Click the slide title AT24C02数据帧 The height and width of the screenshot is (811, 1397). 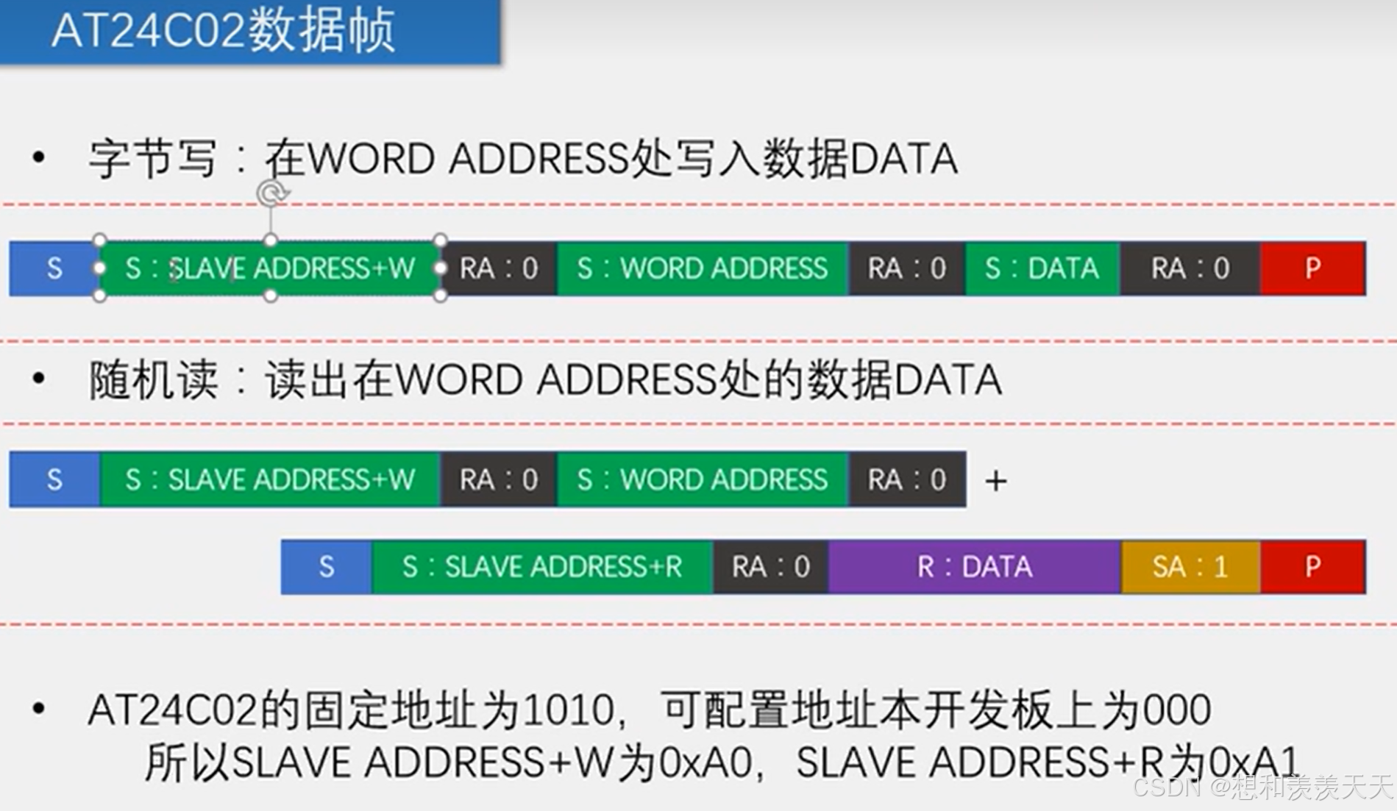[x=224, y=31]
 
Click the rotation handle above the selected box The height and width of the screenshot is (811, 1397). [x=271, y=193]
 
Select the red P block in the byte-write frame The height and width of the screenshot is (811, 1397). [x=1313, y=268]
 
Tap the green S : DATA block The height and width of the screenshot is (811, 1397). [x=1042, y=268]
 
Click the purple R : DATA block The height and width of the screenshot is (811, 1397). [x=974, y=567]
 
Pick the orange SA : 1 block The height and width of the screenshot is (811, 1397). [x=1190, y=567]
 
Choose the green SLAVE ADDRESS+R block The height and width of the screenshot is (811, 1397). [x=542, y=567]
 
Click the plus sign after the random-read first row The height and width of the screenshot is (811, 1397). [x=995, y=482]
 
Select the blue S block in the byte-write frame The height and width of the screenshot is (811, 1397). [x=54, y=268]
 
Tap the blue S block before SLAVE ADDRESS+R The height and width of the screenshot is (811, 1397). [x=327, y=567]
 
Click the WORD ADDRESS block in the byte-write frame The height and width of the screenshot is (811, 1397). [x=703, y=268]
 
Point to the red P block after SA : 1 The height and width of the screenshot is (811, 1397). [x=1313, y=567]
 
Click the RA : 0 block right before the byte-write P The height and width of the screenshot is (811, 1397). [x=1190, y=268]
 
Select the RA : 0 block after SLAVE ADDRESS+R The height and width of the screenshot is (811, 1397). [x=770, y=567]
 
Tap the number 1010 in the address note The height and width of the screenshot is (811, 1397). [x=566, y=710]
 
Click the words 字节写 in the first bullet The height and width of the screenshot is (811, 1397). [x=152, y=159]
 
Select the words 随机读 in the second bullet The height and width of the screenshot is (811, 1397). [x=152, y=380]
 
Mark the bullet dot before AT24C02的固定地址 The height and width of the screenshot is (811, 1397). [x=39, y=709]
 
